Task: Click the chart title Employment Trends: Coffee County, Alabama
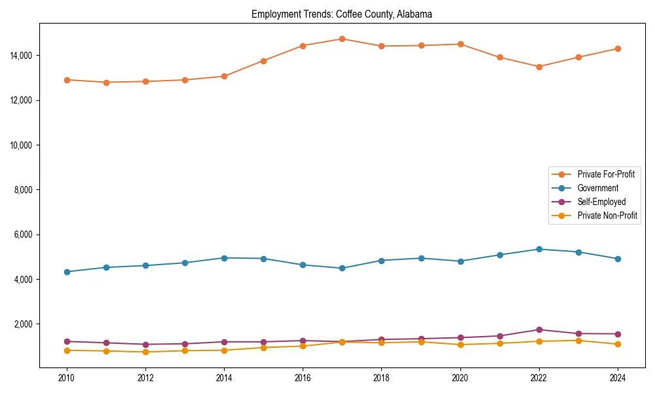pyautogui.click(x=341, y=14)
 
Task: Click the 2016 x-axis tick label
pyautogui.click(x=303, y=378)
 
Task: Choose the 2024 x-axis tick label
pyautogui.click(x=617, y=378)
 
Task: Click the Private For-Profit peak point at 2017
pyautogui.click(x=342, y=39)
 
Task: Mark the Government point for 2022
pyautogui.click(x=538, y=249)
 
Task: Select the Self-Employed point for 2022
pyautogui.click(x=538, y=329)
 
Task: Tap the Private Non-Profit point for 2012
pyautogui.click(x=145, y=352)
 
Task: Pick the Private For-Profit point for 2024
pyautogui.click(x=617, y=48)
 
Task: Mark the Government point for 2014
pyautogui.click(x=224, y=258)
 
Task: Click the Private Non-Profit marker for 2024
pyautogui.click(x=617, y=345)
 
